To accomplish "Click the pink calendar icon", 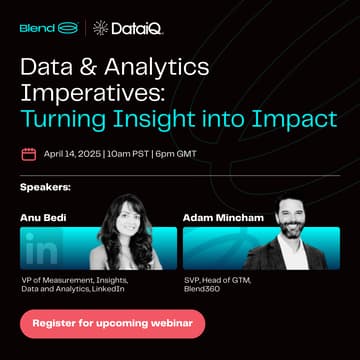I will tap(28, 155).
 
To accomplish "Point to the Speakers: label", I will tap(46, 187).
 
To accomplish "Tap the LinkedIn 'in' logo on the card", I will tap(45, 246).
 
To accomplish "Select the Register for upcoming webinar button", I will tap(112, 323).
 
